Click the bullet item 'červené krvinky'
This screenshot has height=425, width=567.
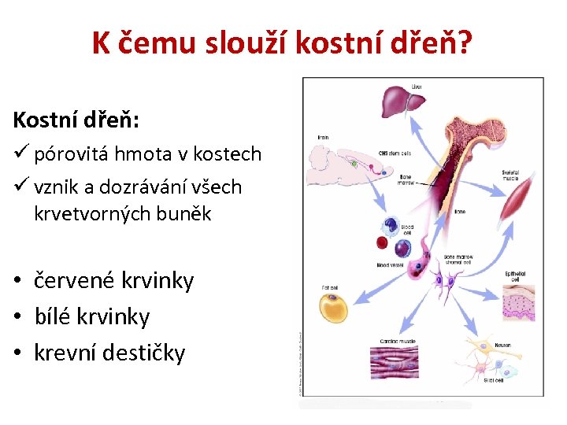coord(114,280)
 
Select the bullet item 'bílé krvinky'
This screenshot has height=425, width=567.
coord(92,316)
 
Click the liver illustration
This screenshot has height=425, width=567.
coord(403,102)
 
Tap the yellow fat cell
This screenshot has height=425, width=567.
coord(335,306)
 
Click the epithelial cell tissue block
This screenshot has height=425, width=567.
coord(515,306)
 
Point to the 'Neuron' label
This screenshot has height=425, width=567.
coord(502,345)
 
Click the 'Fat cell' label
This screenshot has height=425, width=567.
coord(328,286)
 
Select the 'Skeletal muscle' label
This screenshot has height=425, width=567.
coord(510,175)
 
